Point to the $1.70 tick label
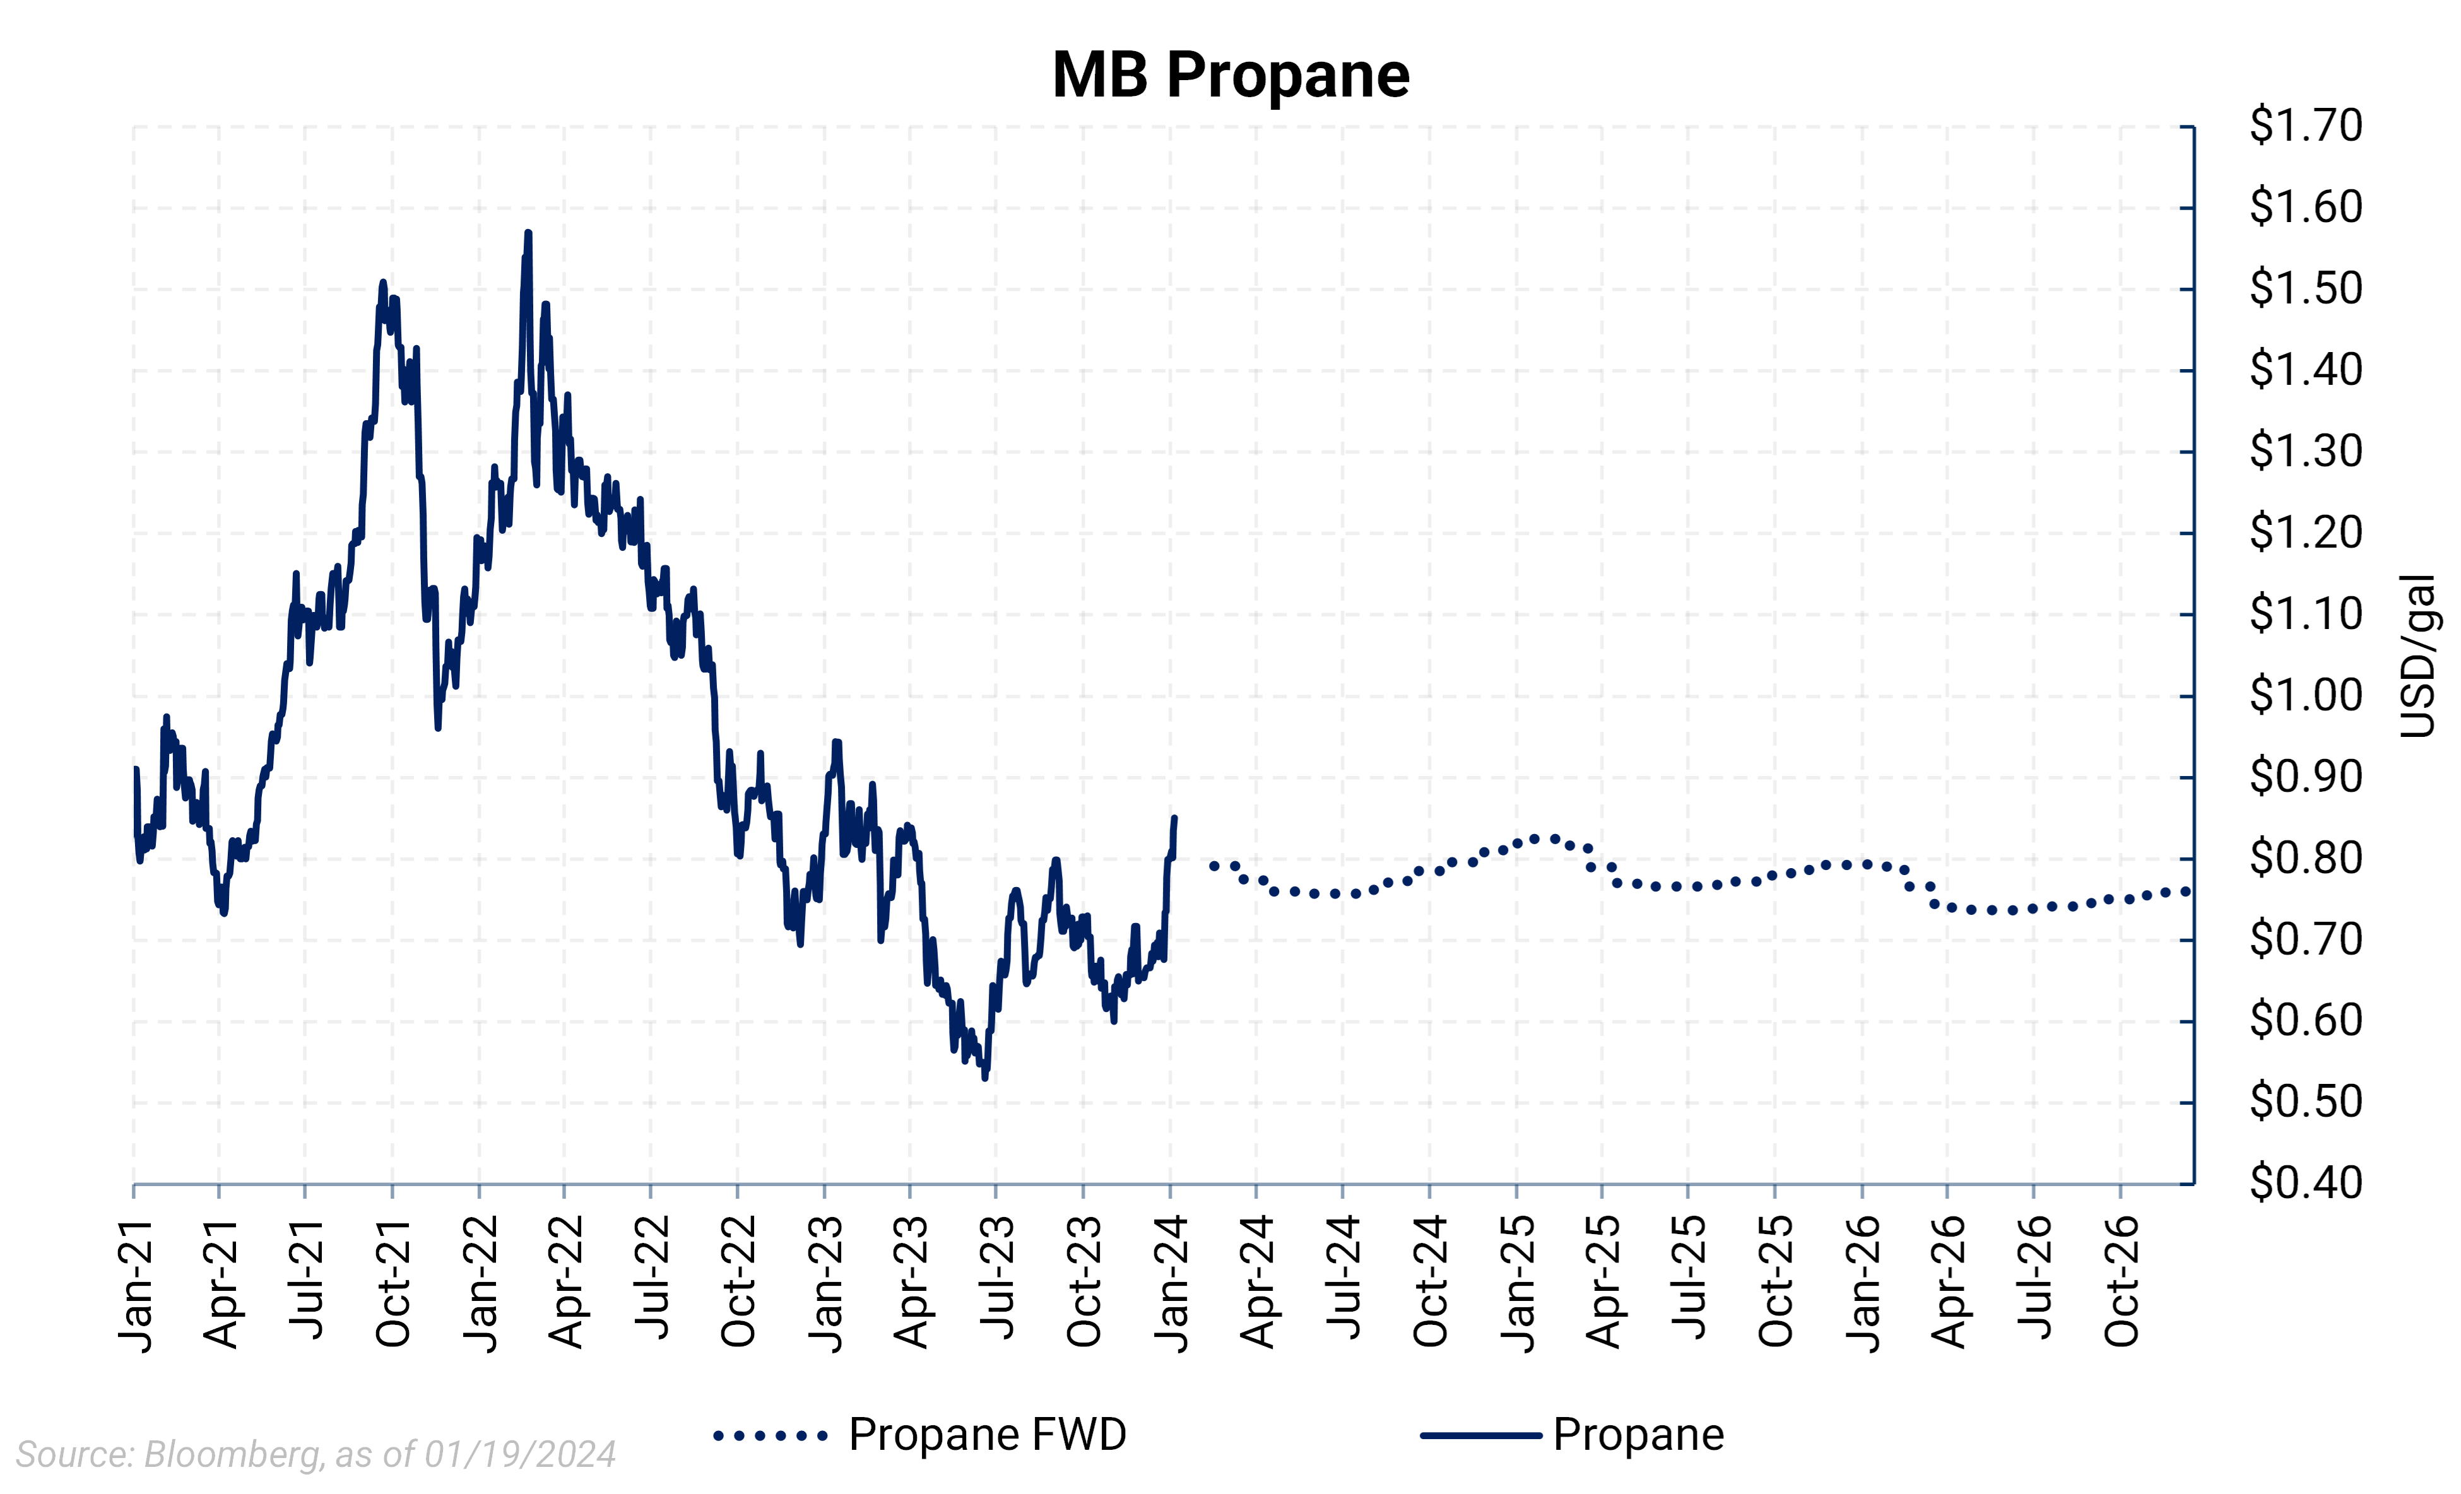click(x=2305, y=126)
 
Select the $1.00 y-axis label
click(x=2305, y=695)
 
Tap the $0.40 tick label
click(x=2305, y=1182)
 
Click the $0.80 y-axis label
click(x=2305, y=858)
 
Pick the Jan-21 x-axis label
click(x=137, y=1285)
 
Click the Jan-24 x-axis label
click(x=1172, y=1285)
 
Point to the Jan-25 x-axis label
click(x=1518, y=1285)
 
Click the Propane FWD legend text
click(x=987, y=1435)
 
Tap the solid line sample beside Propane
click(x=1481, y=1436)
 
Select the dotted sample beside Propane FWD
click(x=769, y=1436)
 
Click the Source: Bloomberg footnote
click(x=316, y=1454)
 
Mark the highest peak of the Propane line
click(x=528, y=233)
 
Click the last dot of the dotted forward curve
click(x=2187, y=891)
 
